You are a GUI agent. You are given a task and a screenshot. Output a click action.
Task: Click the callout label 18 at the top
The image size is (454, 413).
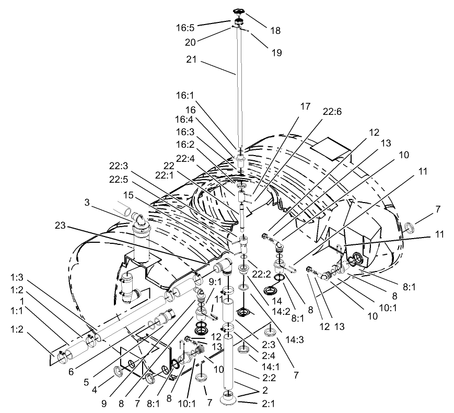[274, 31]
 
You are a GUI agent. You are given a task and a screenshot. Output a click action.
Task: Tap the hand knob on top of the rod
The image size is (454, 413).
[239, 11]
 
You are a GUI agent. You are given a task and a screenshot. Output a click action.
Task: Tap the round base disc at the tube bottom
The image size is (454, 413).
[228, 399]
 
